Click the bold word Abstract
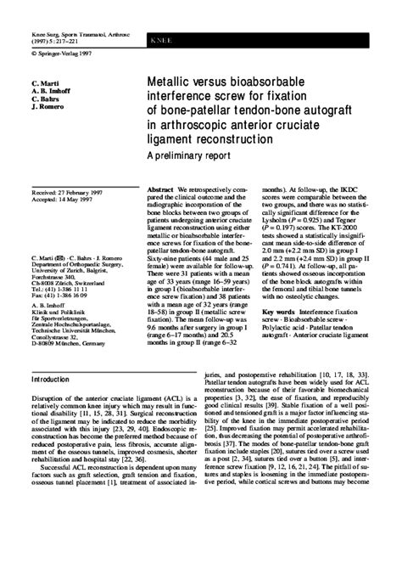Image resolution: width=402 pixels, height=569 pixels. (x=161, y=189)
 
